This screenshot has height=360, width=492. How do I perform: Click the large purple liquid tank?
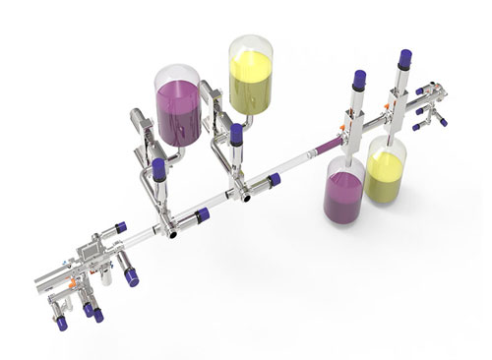[178, 106]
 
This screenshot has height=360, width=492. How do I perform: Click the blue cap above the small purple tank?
[359, 78]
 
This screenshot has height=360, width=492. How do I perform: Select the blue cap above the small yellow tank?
[404, 58]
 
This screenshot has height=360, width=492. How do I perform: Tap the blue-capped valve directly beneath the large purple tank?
[159, 170]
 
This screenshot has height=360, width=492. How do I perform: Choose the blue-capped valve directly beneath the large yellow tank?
[236, 135]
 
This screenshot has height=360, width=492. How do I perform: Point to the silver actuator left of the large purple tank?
[139, 124]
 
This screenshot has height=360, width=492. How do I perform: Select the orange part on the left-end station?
[72, 284]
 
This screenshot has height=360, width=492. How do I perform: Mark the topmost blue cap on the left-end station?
[121, 227]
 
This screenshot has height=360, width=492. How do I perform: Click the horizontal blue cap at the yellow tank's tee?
[274, 180]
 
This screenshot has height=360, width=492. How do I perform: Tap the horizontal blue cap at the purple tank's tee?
[202, 214]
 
